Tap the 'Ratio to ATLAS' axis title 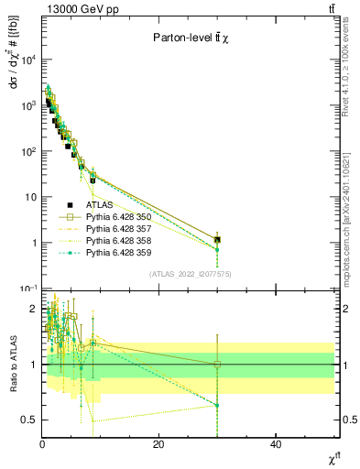click(12, 363)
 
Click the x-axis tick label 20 click(158, 444)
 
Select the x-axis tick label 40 click(276, 444)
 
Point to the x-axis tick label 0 click(42, 444)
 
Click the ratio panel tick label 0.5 click(28, 420)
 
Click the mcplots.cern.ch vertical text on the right click(347, 220)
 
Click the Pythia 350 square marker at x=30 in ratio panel click(217, 365)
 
